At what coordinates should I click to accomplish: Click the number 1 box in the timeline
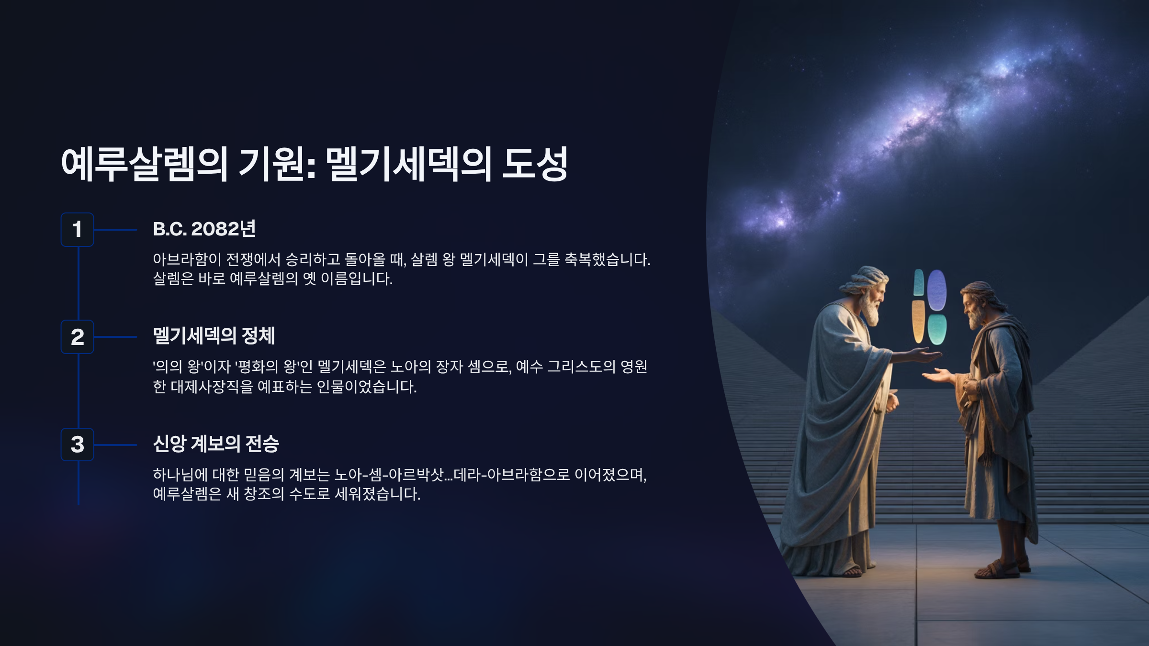(77, 230)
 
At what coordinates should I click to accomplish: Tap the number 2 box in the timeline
(77, 337)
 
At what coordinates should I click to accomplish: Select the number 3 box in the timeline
(77, 445)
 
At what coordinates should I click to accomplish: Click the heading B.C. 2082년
(204, 229)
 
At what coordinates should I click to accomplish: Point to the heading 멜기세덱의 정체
(214, 336)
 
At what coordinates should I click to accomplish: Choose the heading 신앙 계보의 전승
(216, 444)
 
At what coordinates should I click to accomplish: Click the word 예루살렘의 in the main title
(144, 164)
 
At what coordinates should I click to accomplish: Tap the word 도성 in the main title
(535, 164)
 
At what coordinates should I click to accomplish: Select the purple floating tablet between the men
(937, 290)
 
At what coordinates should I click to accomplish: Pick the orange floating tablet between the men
(918, 322)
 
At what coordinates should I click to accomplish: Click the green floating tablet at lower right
(937, 329)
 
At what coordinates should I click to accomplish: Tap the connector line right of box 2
(115, 337)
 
